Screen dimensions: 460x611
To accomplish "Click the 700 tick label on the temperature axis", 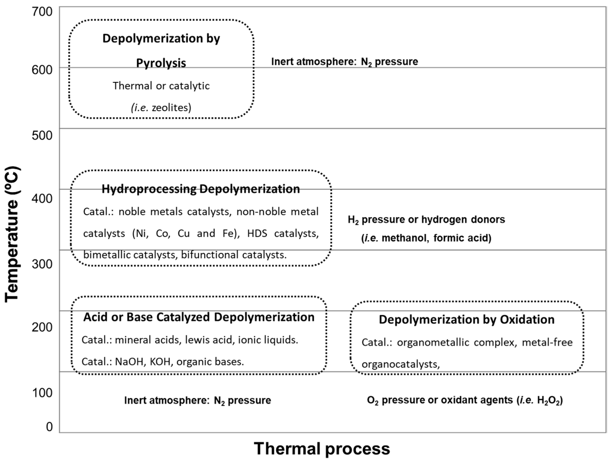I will click(x=42, y=12).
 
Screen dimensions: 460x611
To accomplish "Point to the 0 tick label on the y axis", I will click(x=49, y=427).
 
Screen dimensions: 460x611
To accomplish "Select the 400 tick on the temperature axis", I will click(x=42, y=198).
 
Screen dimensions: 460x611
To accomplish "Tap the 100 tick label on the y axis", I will click(x=42, y=392).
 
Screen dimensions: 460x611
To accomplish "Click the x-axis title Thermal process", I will click(x=322, y=448).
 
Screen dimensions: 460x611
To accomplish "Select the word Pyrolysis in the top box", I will click(x=161, y=63).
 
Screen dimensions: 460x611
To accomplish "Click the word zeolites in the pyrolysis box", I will click(x=171, y=107).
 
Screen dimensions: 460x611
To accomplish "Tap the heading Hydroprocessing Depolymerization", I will click(x=201, y=189).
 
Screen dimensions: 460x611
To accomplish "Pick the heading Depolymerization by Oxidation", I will click(x=467, y=319).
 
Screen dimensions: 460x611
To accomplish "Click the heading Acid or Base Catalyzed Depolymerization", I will click(x=199, y=317).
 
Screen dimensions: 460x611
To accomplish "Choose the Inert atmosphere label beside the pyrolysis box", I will click(x=344, y=62).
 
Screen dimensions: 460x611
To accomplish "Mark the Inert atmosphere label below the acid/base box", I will click(x=197, y=400).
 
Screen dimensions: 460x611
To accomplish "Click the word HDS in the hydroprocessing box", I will click(x=257, y=233).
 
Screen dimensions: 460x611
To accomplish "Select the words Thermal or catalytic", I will click(x=161, y=86).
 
